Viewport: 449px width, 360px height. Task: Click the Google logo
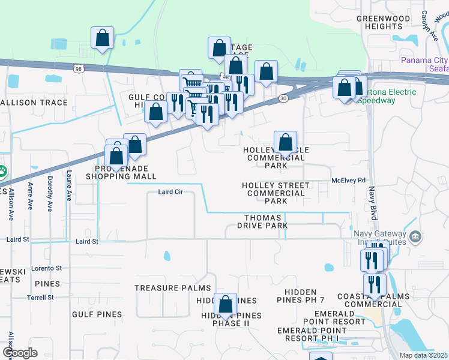tap(20, 353)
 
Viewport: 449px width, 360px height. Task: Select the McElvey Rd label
tap(349, 180)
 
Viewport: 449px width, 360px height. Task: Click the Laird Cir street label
tap(169, 192)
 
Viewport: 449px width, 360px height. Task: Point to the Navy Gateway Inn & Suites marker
tap(414, 238)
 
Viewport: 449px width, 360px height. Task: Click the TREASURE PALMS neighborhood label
tap(164, 288)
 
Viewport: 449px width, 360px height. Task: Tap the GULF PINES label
tap(97, 314)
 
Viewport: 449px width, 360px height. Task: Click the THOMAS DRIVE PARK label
tap(266, 221)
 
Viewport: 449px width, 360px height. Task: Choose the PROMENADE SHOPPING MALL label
tap(121, 172)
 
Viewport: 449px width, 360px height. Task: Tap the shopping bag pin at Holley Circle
tap(286, 144)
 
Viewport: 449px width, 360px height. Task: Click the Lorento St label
tap(47, 268)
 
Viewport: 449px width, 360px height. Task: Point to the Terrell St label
tap(40, 297)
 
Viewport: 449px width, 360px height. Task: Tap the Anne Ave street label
tap(30, 196)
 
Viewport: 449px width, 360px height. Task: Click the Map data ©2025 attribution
tap(424, 355)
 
